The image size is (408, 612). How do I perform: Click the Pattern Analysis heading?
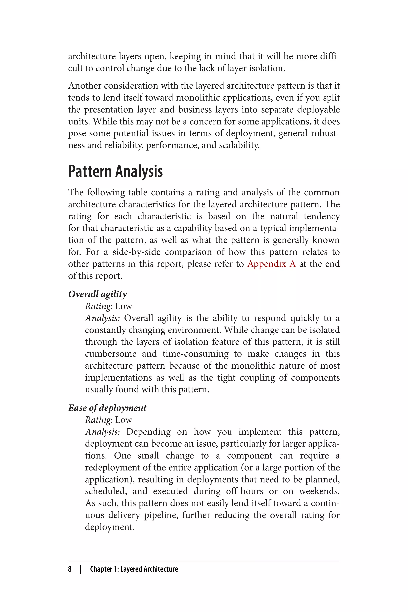pos(115,172)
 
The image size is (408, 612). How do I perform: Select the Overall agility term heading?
pos(97,294)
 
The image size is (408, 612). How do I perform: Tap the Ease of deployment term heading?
pos(107,408)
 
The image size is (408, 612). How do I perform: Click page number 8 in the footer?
pos(70,569)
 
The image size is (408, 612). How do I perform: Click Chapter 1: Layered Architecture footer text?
pos(134,569)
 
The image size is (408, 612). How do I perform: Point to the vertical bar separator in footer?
pos(81,569)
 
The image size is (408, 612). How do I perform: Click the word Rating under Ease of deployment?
pos(98,420)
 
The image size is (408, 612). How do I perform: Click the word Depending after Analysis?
pos(148,432)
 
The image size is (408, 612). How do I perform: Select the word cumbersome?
pos(111,354)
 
